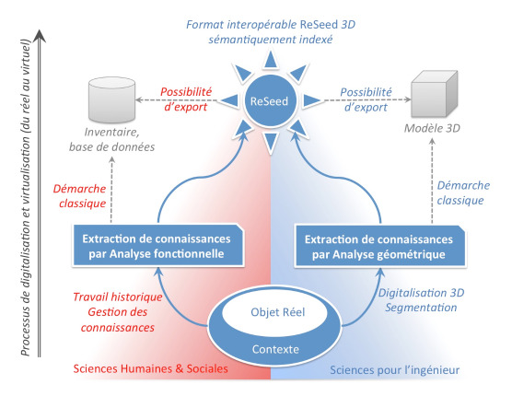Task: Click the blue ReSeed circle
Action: click(270, 100)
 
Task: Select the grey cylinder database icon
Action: click(112, 99)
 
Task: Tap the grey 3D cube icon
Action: click(434, 94)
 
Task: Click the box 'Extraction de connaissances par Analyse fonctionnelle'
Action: click(157, 246)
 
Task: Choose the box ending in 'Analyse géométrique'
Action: click(379, 247)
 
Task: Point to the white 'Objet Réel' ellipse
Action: click(274, 312)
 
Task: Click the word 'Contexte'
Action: click(275, 349)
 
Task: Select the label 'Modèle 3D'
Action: click(432, 128)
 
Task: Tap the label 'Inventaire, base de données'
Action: click(112, 139)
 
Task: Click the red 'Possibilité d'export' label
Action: click(186, 99)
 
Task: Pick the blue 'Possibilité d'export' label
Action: click(366, 99)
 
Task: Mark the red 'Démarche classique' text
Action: click(80, 196)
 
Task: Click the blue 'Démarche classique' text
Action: click(463, 192)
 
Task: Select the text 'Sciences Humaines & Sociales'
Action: click(150, 368)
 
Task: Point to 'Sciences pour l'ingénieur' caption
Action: click(395, 370)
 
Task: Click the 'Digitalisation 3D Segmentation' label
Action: click(421, 300)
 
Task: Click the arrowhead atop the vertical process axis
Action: click(40, 36)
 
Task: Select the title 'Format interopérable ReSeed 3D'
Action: click(271, 25)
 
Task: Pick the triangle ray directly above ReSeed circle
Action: click(270, 61)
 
